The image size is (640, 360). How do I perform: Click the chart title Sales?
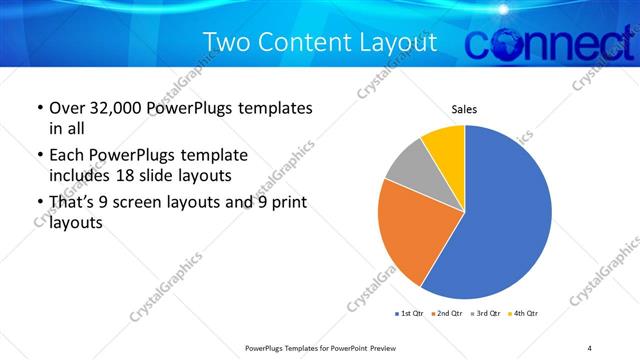(x=464, y=108)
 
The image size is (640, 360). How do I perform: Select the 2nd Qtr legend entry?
(x=446, y=314)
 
